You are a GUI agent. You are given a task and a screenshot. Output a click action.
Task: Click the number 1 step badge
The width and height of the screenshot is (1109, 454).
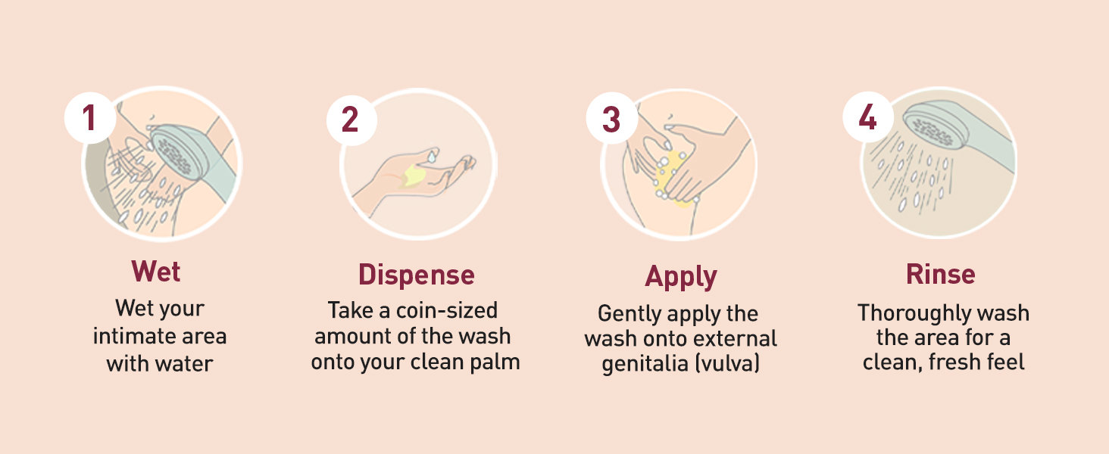[90, 118]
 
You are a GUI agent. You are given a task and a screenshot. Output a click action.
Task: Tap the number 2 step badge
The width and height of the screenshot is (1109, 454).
[351, 120]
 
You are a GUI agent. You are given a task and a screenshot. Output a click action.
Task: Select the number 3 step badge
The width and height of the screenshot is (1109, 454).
[612, 119]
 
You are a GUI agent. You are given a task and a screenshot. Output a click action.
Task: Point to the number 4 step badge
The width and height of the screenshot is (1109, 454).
[868, 117]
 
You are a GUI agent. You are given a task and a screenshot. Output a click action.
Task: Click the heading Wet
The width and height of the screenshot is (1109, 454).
[156, 271]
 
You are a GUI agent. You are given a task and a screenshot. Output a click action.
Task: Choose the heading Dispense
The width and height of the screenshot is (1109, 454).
[417, 275]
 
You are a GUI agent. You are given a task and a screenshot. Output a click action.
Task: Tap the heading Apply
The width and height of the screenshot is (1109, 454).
[681, 277]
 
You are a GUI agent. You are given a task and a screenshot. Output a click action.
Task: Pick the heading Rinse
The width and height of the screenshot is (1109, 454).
[941, 274]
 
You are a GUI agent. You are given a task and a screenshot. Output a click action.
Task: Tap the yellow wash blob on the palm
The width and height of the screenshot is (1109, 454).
[414, 175]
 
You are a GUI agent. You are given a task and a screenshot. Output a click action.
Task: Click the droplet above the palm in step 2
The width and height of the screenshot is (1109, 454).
[433, 157]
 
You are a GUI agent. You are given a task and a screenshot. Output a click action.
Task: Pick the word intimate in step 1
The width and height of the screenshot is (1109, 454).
[130, 336]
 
